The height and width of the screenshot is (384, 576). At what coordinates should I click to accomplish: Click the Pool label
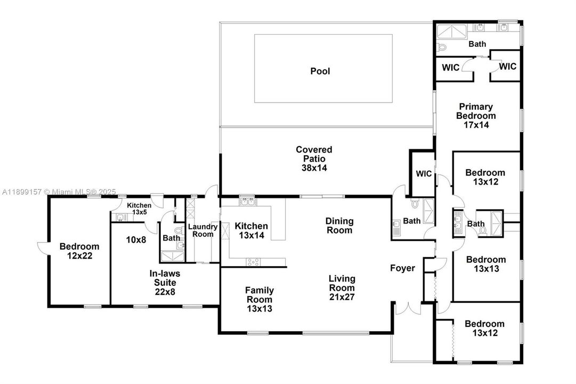coord(320,71)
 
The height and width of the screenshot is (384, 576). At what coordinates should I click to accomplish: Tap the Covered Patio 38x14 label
coord(314,158)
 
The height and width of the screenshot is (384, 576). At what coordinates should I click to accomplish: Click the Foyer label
coord(402,268)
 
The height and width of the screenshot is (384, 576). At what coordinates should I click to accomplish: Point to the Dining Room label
coord(339,226)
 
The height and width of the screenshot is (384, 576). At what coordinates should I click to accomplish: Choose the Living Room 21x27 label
coord(342,288)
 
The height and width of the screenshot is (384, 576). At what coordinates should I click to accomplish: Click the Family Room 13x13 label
coord(259,299)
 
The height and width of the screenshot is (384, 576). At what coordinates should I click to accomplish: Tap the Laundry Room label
coord(202,230)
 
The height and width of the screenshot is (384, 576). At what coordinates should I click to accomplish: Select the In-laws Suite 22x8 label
coord(165,282)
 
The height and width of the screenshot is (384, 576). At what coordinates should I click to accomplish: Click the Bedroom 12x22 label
coord(79,251)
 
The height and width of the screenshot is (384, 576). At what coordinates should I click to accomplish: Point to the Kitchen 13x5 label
coord(139,209)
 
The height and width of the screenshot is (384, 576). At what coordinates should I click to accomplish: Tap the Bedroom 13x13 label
coord(486,265)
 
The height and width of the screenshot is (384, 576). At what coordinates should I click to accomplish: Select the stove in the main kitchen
coord(252,261)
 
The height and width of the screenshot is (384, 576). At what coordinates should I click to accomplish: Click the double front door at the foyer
coord(409,308)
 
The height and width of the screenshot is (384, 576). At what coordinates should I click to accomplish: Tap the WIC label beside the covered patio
coord(424,174)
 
